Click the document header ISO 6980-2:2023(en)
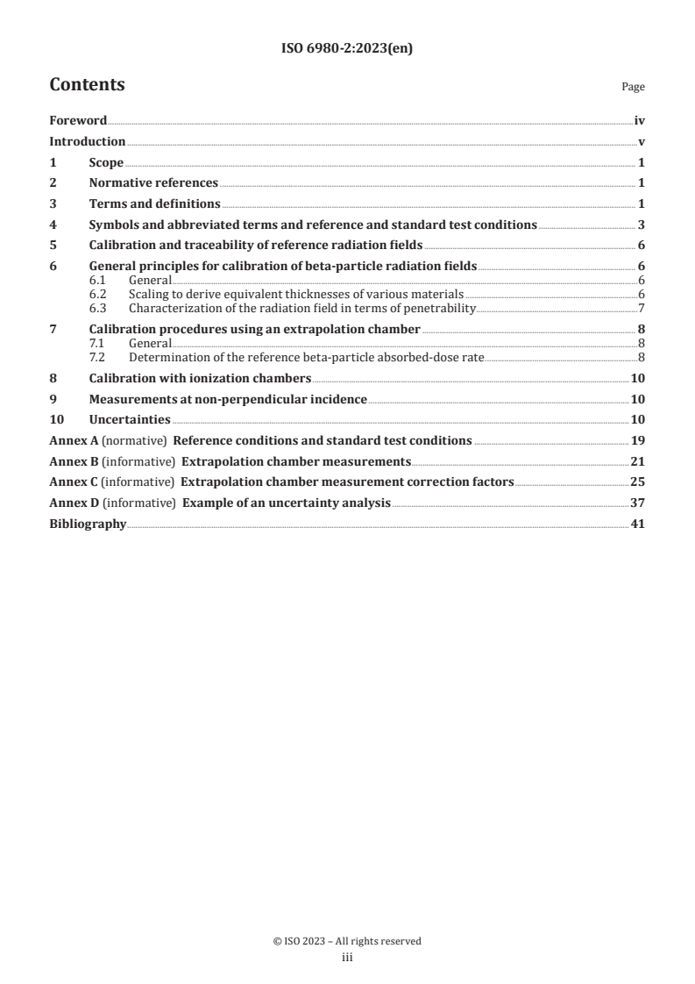pos(347,49)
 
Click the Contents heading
pos(87,85)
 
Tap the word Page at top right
pos(633,87)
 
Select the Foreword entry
pos(78,122)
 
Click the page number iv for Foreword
pos(640,122)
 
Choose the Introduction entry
pos(87,142)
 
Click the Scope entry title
pos(106,163)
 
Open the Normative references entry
pos(153,183)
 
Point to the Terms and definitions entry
pos(154,204)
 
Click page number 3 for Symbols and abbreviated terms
pos(642,225)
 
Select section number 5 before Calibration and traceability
pos(53,246)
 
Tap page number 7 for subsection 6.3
pos(642,308)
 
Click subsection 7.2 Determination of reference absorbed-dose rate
pos(306,357)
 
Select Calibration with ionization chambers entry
pos(200,379)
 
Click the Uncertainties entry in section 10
pos(130,420)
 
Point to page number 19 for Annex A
pos(638,441)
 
